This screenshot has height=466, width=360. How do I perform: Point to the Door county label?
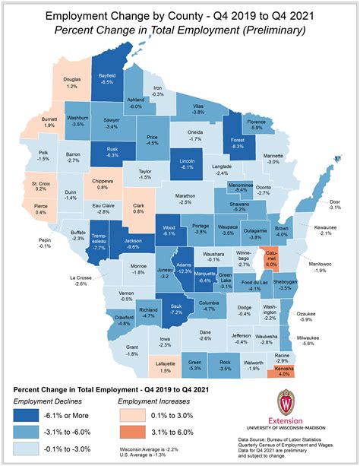click(x=334, y=202)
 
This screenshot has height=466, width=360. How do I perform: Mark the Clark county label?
click(x=138, y=204)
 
